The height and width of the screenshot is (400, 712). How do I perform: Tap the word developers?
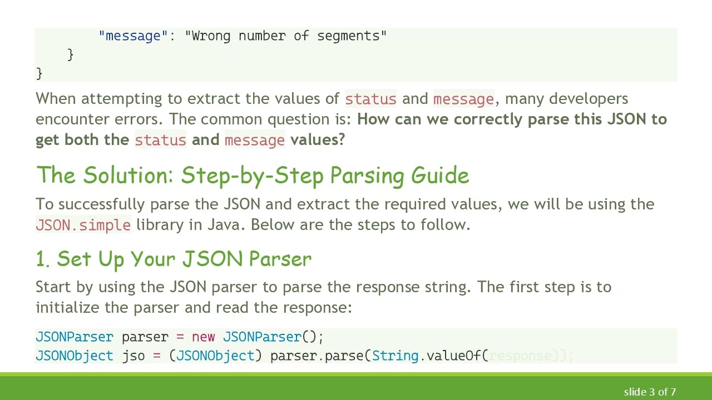(589, 99)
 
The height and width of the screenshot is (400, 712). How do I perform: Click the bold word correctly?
(488, 119)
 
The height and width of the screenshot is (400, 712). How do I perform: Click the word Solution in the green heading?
(128, 176)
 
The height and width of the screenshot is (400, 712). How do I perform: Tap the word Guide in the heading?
(439, 176)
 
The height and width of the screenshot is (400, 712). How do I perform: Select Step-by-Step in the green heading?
(252, 176)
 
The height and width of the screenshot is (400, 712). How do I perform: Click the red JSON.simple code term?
(83, 225)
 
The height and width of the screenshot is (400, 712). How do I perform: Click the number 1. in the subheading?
(43, 259)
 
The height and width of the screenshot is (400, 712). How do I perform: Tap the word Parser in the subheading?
(280, 259)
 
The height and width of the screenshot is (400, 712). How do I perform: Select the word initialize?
(67, 308)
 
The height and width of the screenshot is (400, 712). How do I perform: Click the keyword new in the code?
(203, 337)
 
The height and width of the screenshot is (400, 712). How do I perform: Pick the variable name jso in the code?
(133, 356)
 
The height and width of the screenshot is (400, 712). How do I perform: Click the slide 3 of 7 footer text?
(650, 392)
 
